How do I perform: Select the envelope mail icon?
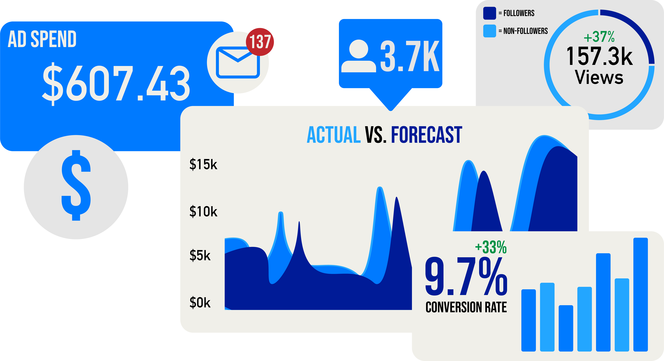(x=238, y=62)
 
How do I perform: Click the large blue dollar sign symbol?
(x=76, y=185)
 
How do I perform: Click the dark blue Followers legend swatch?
(x=490, y=13)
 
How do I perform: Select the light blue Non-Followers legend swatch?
(x=490, y=31)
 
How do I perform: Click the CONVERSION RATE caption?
(x=466, y=307)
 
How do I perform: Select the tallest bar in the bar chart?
(x=641, y=295)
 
